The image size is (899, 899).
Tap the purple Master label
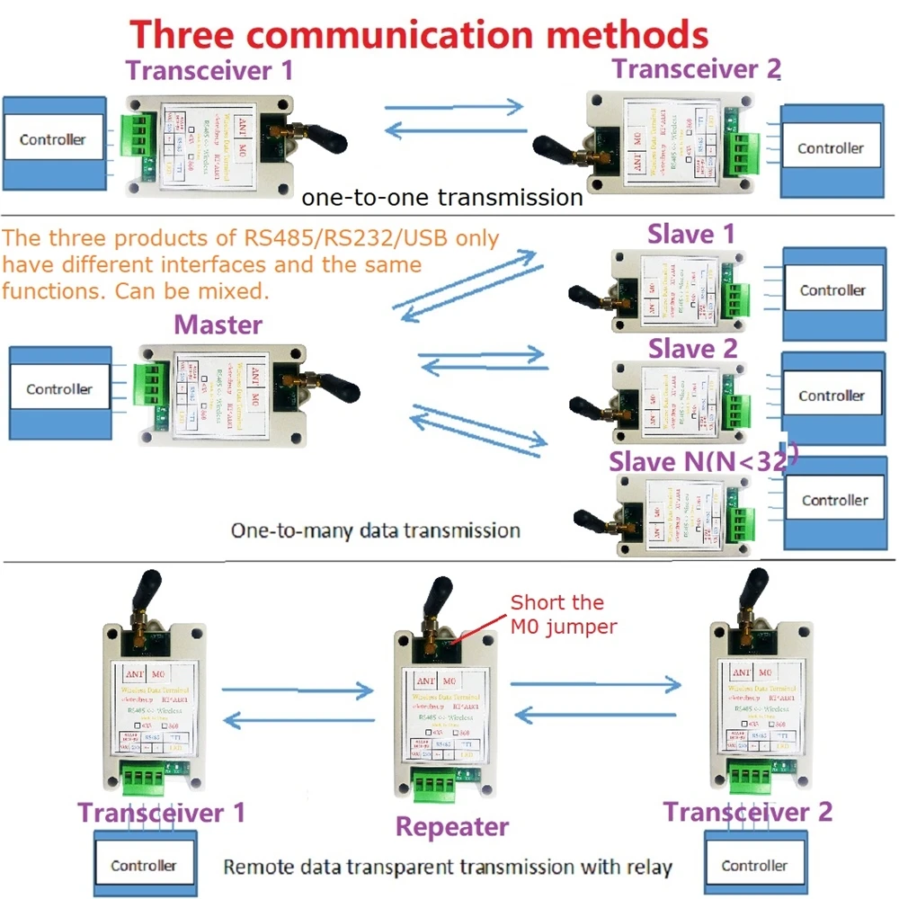218,324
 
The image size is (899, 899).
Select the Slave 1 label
691,234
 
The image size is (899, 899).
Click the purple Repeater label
451,826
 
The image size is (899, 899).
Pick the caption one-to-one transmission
442,197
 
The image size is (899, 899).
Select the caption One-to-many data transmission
376,530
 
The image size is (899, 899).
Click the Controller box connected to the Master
59,389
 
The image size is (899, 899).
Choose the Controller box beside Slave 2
832,396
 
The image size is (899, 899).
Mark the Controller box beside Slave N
835,500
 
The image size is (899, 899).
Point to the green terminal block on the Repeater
435,785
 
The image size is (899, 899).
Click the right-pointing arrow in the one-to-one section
455,106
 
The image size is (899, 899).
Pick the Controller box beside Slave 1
832,290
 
